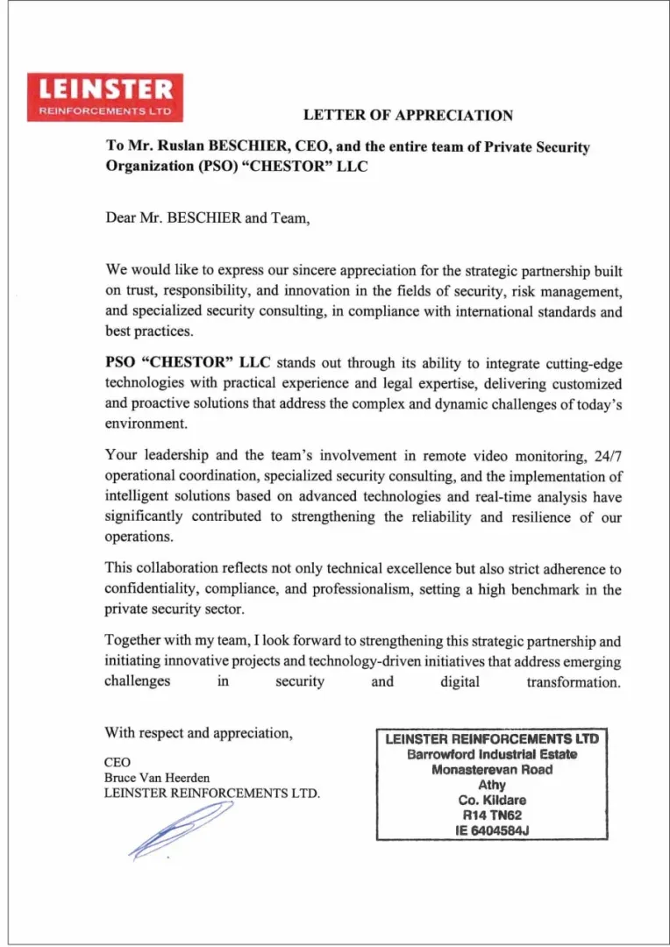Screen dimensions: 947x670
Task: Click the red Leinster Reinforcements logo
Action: (x=105, y=97)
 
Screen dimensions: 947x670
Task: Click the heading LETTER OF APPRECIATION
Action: (x=408, y=115)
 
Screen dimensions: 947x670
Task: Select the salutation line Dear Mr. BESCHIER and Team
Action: (x=208, y=218)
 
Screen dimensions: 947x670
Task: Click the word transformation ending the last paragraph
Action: (x=574, y=681)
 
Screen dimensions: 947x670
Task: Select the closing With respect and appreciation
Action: (x=198, y=733)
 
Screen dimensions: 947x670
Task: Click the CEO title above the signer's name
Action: (x=118, y=763)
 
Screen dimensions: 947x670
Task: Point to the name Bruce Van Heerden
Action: (x=157, y=778)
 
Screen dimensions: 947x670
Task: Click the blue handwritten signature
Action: (x=179, y=830)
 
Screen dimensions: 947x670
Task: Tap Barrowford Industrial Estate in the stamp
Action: (x=492, y=754)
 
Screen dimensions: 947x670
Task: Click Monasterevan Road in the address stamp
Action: (x=492, y=770)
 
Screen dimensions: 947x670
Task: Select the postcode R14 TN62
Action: (x=492, y=815)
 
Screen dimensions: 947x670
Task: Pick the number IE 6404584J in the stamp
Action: (x=492, y=831)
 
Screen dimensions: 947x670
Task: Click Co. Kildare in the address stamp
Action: (x=492, y=801)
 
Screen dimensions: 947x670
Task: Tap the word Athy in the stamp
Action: (x=492, y=785)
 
